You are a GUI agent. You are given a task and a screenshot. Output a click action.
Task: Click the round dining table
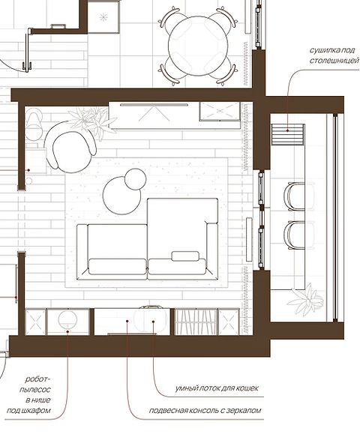pyautogui.click(x=198, y=46)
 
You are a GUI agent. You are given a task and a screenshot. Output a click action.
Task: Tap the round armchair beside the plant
pyautogui.click(x=70, y=148)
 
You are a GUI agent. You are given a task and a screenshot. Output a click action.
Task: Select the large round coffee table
pyautogui.click(x=121, y=196)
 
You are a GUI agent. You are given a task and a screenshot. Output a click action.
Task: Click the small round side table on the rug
pyautogui.click(x=135, y=179)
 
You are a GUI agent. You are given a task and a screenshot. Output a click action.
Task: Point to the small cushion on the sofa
pyautogui.click(x=185, y=256)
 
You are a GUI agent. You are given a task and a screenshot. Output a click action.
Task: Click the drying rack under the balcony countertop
pyautogui.click(x=288, y=134)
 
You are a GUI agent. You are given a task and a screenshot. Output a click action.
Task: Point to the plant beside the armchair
pyautogui.click(x=93, y=122)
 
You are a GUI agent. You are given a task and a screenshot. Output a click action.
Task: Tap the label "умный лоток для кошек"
pyautogui.click(x=217, y=388)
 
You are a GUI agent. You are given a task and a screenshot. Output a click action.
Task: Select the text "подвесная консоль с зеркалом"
pyautogui.click(x=205, y=411)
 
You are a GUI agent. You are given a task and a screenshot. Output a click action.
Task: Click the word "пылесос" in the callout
pyautogui.click(x=35, y=390)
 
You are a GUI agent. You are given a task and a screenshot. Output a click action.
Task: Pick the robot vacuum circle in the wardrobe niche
pyautogui.click(x=67, y=319)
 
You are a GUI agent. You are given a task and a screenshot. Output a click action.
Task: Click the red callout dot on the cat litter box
pyautogui.click(x=153, y=322)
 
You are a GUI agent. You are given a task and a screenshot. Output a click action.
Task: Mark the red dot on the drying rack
pyautogui.click(x=287, y=130)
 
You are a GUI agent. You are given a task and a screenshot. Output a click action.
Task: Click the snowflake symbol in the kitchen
pyautogui.click(x=103, y=18)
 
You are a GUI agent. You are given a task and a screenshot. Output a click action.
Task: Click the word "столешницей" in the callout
pyautogui.click(x=334, y=61)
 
